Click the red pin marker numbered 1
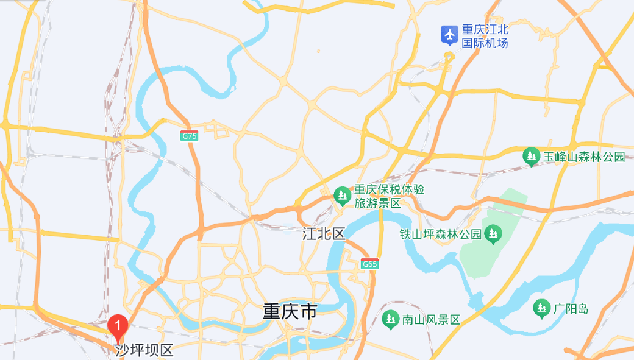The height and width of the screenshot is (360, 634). (117, 326)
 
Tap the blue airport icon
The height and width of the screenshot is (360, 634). (450, 35)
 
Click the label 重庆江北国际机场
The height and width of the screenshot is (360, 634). (485, 36)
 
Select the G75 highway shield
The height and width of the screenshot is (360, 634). (190, 136)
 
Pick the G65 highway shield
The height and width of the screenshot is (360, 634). (369, 264)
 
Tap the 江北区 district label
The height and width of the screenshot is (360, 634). (323, 233)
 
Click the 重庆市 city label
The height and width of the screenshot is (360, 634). (290, 312)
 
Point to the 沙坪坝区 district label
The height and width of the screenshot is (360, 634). (144, 350)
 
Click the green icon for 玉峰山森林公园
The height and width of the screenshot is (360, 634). (532, 157)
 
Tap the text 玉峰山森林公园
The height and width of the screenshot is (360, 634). (585, 157)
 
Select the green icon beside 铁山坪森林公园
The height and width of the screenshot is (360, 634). (493, 233)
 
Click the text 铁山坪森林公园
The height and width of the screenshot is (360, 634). (441, 234)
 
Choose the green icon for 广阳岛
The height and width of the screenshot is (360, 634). (541, 308)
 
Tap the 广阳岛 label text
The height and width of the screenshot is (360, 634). (571, 308)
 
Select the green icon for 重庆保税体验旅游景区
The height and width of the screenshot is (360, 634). (342, 196)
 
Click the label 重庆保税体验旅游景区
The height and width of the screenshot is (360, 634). (388, 196)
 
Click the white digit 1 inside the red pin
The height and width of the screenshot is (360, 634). (117, 323)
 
